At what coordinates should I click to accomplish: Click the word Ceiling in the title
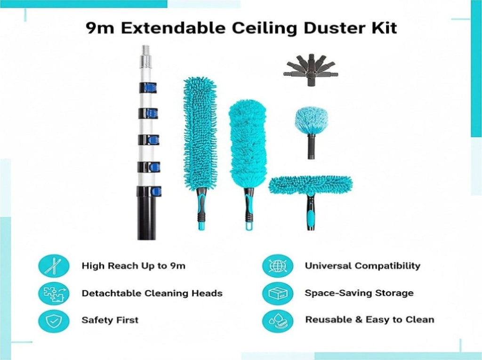[265, 28]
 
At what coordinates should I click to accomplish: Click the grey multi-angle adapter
[311, 69]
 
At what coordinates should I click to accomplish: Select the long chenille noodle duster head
[200, 134]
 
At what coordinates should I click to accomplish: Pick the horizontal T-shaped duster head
[311, 184]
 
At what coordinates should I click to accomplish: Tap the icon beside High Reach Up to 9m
[54, 266]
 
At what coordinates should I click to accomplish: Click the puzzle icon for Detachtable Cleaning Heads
[54, 293]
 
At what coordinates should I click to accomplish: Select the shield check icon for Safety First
[54, 320]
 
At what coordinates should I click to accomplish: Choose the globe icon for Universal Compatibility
[278, 266]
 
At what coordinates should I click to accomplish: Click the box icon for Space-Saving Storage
[278, 293]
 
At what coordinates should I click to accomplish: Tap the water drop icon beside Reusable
[278, 320]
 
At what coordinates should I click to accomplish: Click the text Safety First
[110, 320]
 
